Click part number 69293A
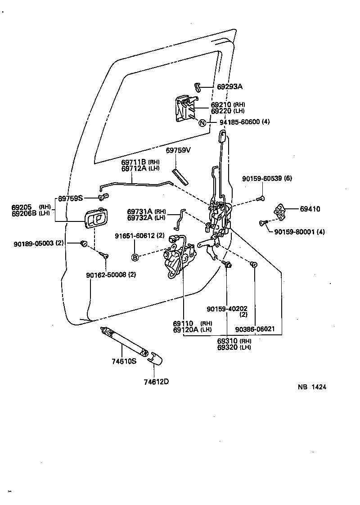229,86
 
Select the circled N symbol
202,123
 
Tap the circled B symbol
135,257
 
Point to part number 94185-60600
239,122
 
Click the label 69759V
178,150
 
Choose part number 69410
310,209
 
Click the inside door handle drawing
96,218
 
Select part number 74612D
156,382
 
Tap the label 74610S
124,361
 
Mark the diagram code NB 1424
312,387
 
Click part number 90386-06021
255,329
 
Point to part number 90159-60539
262,178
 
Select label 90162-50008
106,275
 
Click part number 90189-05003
33,243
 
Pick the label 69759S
70,198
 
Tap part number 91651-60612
135,236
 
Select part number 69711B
134,162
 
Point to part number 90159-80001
294,231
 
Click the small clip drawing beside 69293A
197,86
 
